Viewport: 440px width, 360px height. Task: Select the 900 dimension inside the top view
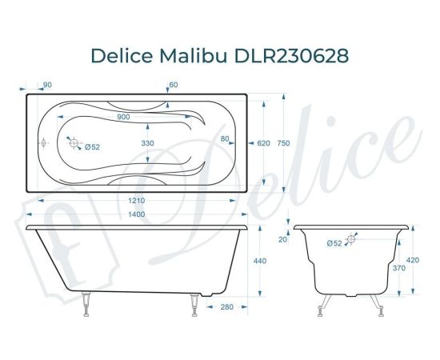pyautogui.click(x=123, y=118)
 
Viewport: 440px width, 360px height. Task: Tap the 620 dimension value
pyautogui.click(x=263, y=143)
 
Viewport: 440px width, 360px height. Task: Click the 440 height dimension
pyautogui.click(x=259, y=261)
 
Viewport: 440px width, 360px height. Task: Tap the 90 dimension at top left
pyautogui.click(x=47, y=85)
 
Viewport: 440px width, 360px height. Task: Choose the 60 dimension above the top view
pyautogui.click(x=173, y=85)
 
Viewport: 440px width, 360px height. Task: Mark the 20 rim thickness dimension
pyautogui.click(x=282, y=238)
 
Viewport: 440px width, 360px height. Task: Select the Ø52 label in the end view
pyautogui.click(x=334, y=242)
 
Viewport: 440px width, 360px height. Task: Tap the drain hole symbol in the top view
pyautogui.click(x=74, y=144)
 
